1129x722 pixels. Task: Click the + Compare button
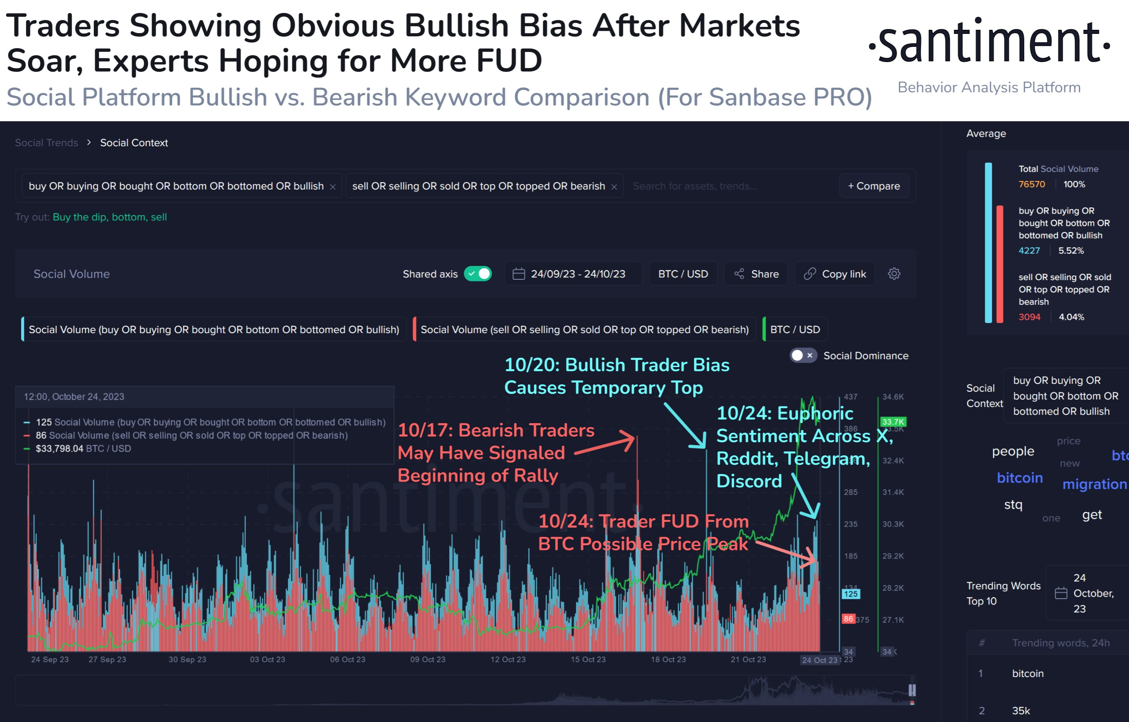tap(873, 186)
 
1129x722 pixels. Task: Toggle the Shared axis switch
tap(478, 274)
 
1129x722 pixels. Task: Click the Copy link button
tap(835, 274)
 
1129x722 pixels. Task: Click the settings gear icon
tap(893, 274)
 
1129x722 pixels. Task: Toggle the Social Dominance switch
tap(803, 355)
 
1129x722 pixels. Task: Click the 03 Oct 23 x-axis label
tap(267, 659)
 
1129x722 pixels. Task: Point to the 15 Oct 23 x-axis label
tap(588, 659)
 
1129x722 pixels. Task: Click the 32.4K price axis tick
tap(893, 460)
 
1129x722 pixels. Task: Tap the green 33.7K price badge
tap(893, 421)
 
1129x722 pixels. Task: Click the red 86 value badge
tap(848, 618)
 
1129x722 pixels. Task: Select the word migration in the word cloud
tap(1094, 484)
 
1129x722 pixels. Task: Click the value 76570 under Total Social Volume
tap(1031, 184)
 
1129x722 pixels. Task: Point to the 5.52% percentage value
tap(1071, 250)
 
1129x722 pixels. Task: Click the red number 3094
tap(1029, 316)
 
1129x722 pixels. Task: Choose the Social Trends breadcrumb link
tap(47, 143)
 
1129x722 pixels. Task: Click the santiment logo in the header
tap(989, 42)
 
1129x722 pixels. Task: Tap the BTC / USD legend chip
tap(795, 329)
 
